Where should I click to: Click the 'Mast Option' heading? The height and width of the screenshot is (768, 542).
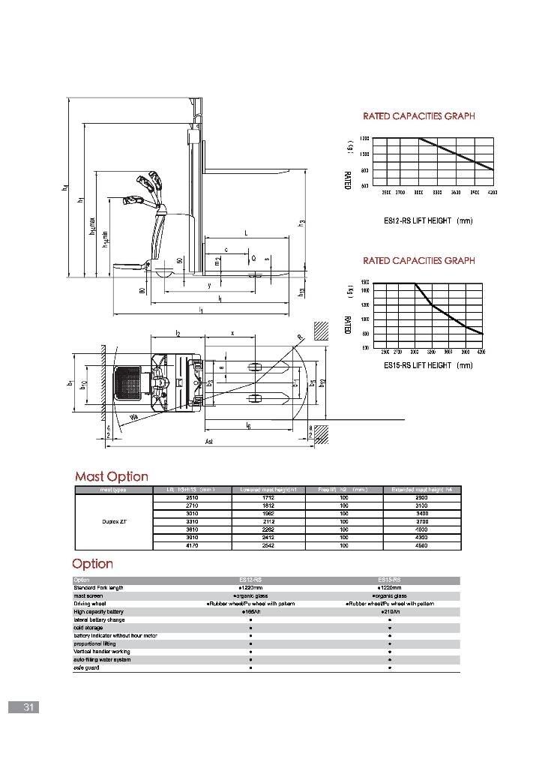111,476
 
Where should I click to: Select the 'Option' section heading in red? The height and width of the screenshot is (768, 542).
92,563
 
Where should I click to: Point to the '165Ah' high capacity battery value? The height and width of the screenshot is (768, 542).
250,612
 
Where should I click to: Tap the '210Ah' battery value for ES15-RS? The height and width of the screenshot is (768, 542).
391,612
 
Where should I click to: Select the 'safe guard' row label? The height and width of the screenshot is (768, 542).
82,667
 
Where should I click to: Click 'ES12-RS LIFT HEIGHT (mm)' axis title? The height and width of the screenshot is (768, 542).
428,220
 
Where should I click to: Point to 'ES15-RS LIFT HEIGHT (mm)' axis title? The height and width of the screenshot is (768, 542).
428,365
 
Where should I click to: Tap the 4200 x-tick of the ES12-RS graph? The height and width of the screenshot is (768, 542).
492,193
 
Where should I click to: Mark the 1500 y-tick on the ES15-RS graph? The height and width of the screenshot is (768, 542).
365,283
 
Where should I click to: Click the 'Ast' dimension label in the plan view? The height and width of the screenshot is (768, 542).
209,442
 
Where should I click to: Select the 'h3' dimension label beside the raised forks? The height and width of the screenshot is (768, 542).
301,222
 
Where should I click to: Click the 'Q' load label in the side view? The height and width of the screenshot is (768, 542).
254,257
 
